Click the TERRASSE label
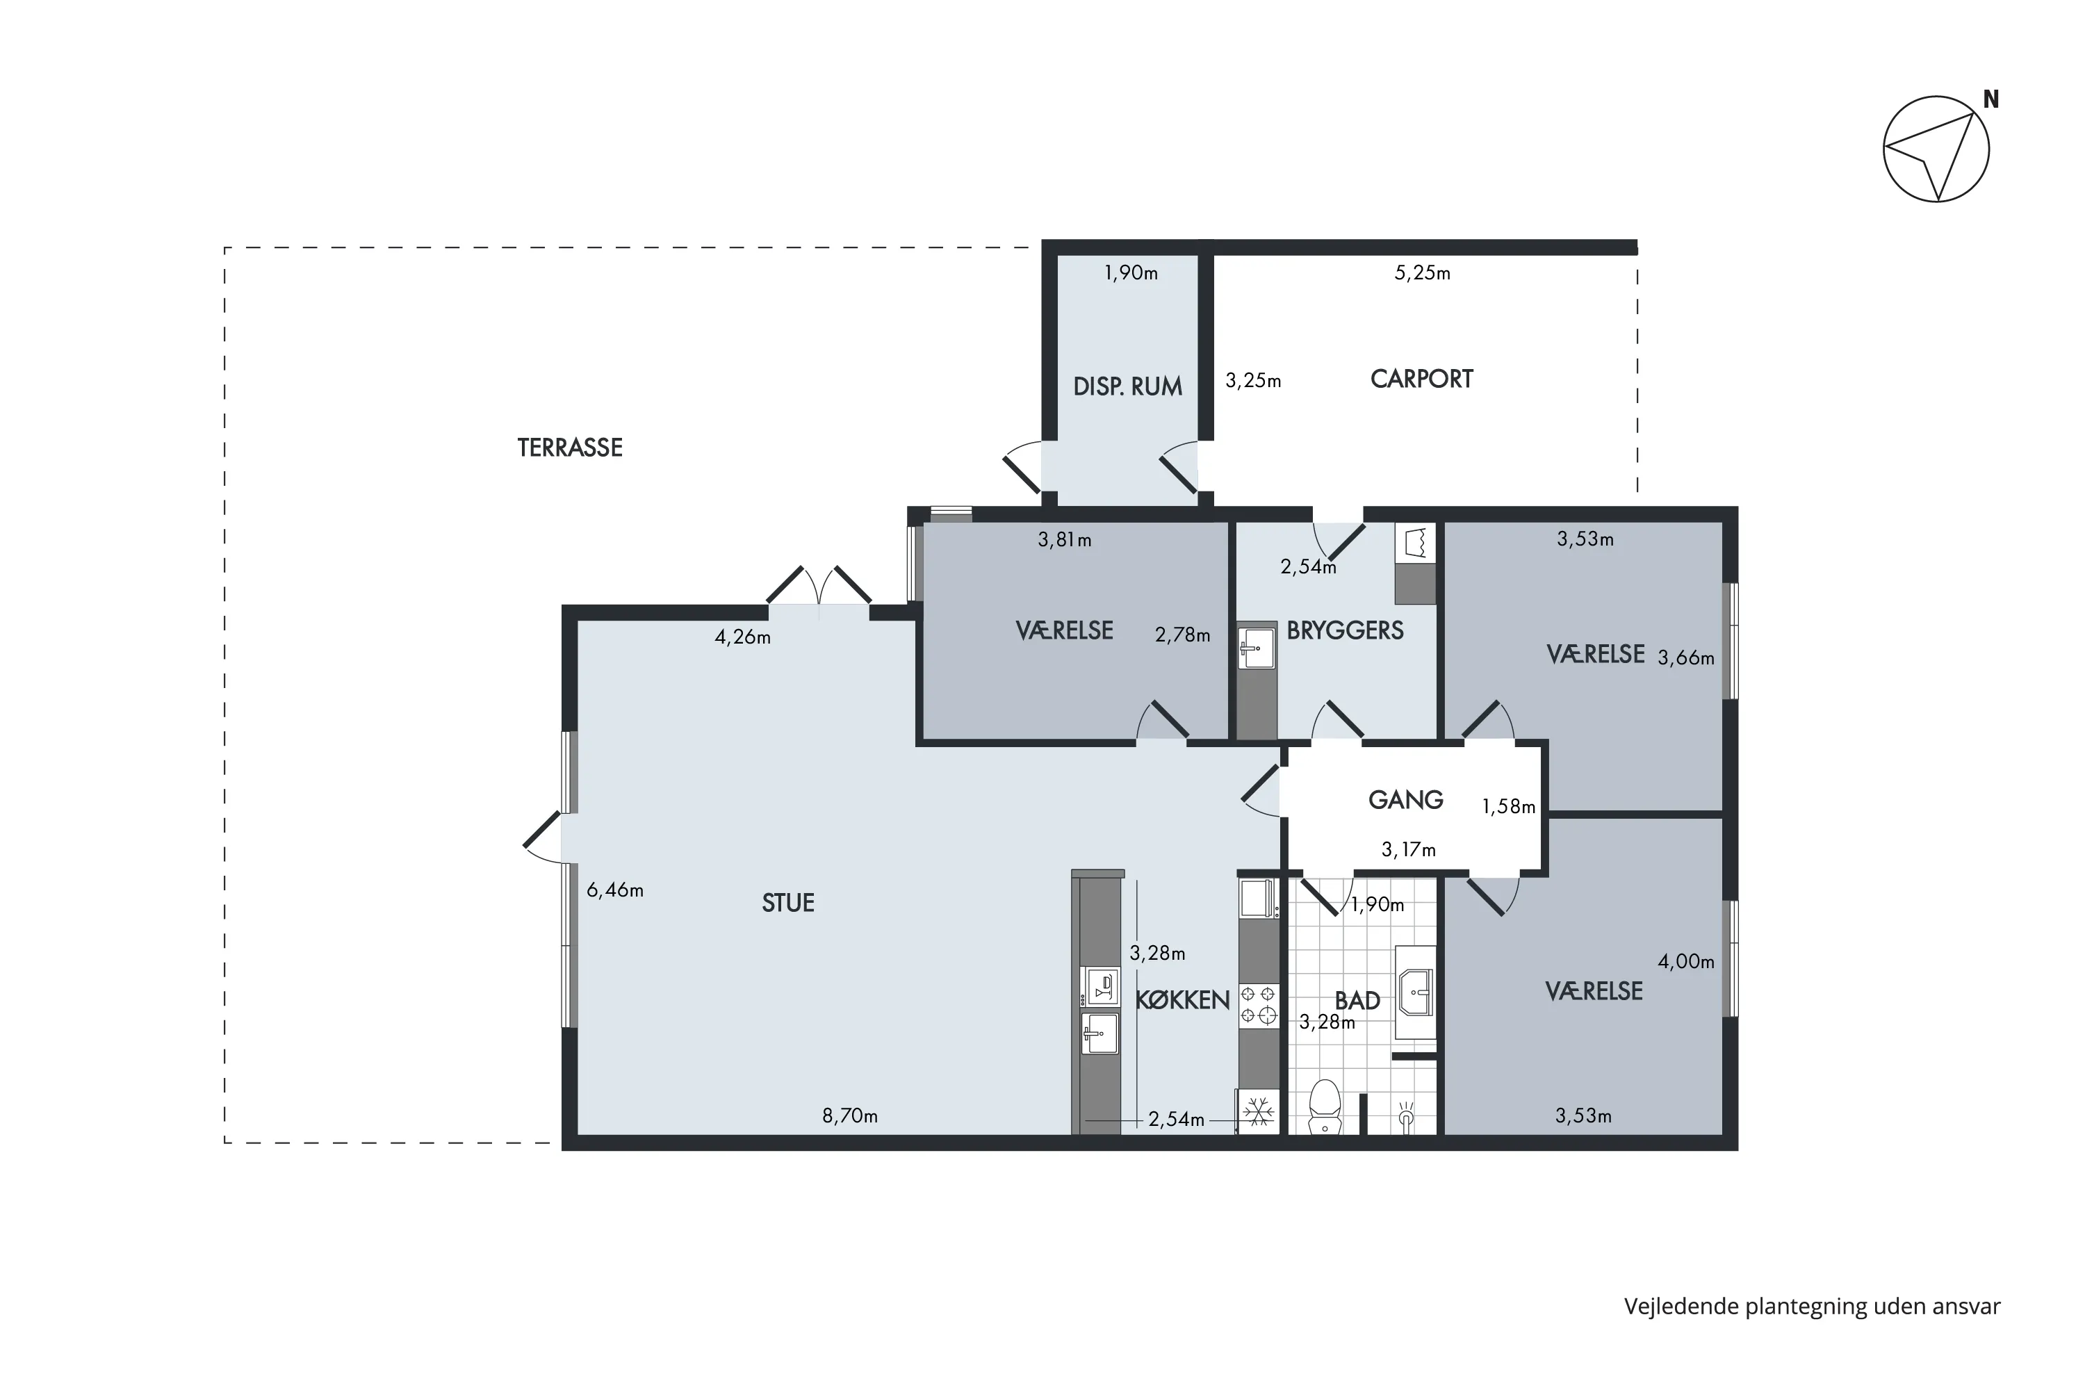click(570, 448)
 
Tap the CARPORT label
click(1421, 379)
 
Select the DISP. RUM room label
click(1127, 386)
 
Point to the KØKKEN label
click(1183, 1000)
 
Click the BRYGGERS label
click(1345, 630)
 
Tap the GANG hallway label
click(1406, 800)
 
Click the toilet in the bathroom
click(1325, 1106)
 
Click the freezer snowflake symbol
click(1259, 1111)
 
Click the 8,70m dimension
click(849, 1115)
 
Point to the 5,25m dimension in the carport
click(1422, 273)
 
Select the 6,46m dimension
click(615, 890)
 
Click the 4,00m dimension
click(1686, 961)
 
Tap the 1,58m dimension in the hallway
click(1509, 807)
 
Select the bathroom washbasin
click(1415, 992)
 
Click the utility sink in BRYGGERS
click(1257, 648)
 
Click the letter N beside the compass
click(1991, 100)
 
